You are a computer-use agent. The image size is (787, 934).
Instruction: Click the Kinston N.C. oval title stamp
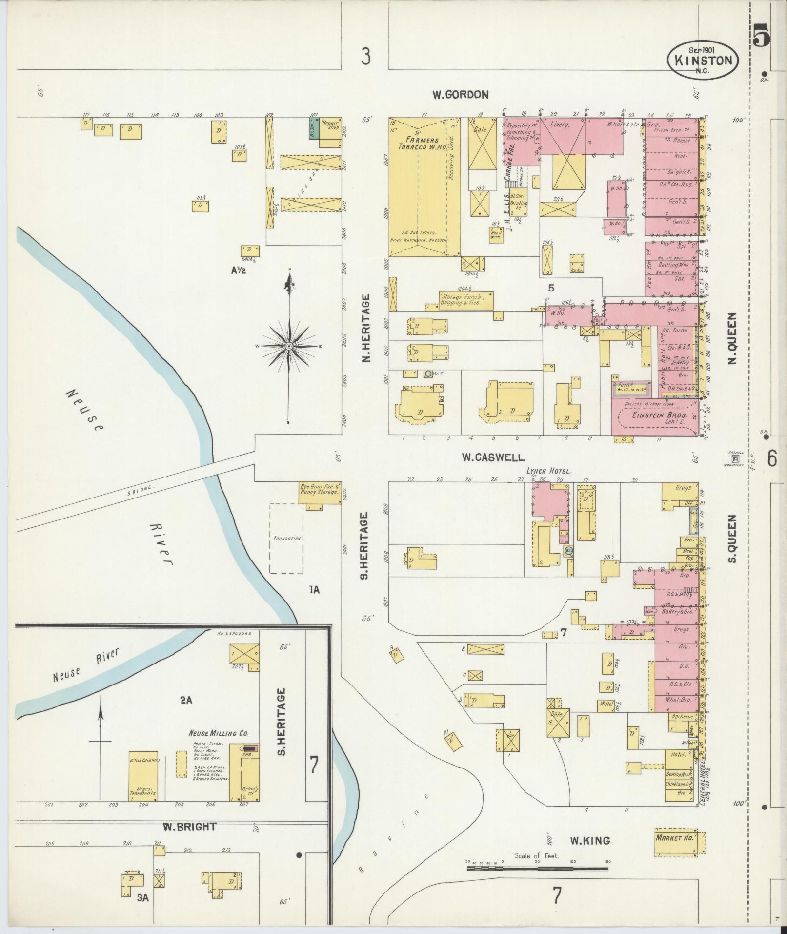pos(703,60)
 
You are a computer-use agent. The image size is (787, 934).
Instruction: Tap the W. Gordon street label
pos(460,95)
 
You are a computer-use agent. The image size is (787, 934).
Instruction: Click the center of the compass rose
pos(289,346)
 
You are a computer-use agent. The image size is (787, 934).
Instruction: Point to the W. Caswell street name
pos(493,457)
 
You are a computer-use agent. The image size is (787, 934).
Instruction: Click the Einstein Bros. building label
pos(653,415)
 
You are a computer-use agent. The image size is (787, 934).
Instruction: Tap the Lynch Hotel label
pos(548,472)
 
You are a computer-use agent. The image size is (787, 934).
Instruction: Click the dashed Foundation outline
pos(286,539)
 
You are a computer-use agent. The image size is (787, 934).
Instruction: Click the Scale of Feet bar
pos(537,868)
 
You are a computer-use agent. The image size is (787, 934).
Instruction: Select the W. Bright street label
pos(182,827)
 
